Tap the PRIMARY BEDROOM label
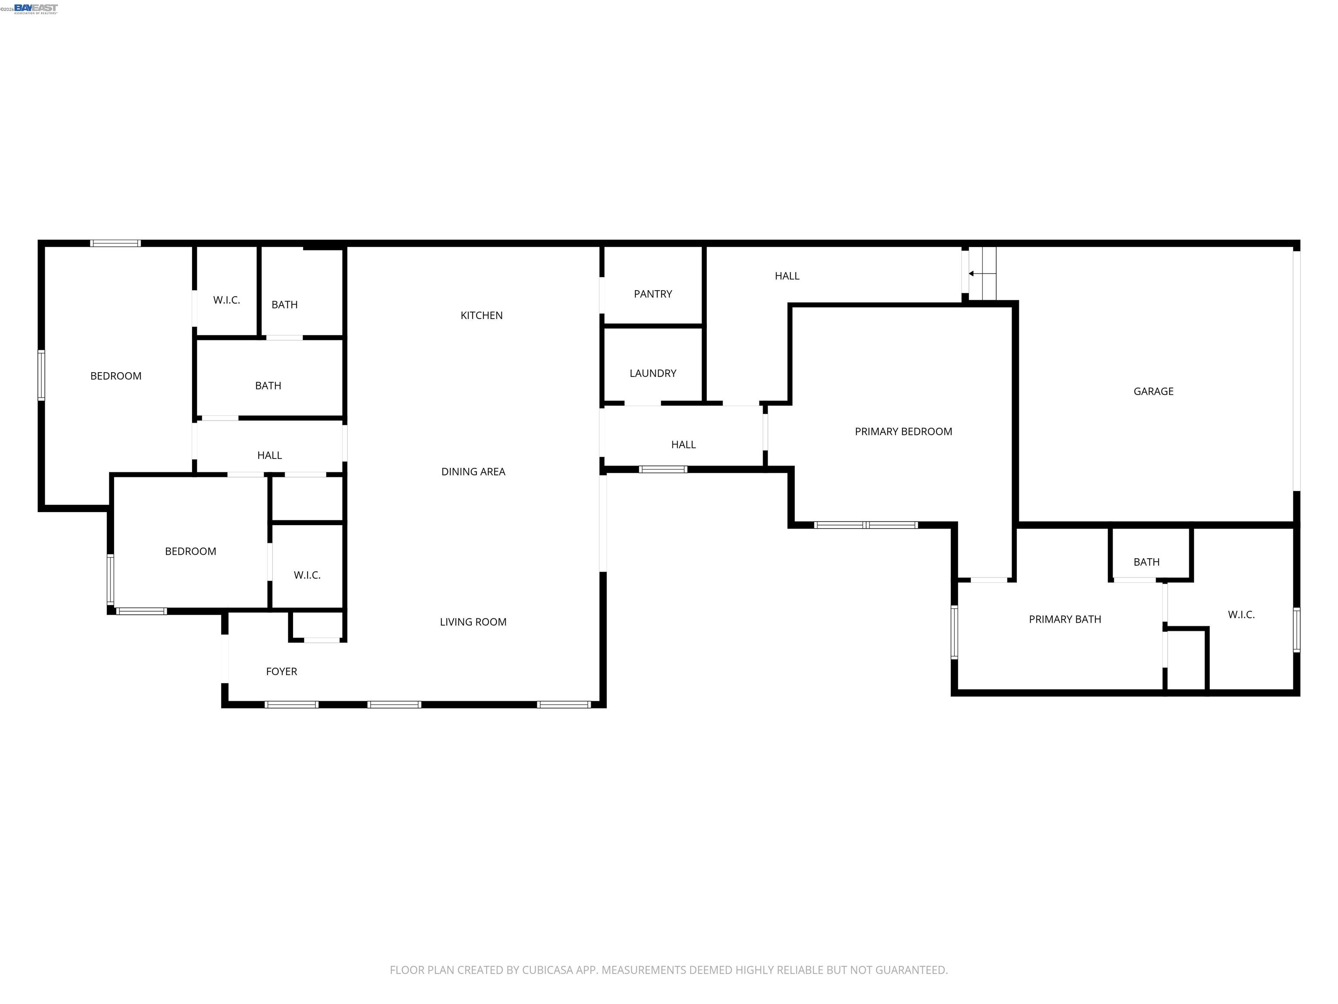pos(903,431)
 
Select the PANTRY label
pos(653,294)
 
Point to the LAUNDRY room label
pos(653,373)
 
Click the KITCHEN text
pos(481,315)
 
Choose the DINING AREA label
pos(473,472)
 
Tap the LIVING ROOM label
pos(473,622)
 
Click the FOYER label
pos(281,672)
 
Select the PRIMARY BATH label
pos(1064,620)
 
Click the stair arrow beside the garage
pos(971,274)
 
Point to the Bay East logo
pos(36,8)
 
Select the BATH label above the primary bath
pos(1146,562)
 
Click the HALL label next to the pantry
pos(787,276)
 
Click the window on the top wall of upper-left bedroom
pos(115,243)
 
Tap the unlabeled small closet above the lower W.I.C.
pos(307,499)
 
